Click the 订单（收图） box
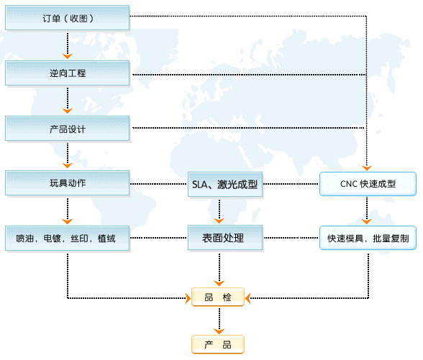(67, 18)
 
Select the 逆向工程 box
(67, 73)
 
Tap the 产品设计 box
(67, 129)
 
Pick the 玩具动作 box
(67, 183)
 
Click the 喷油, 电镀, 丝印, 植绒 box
(67, 239)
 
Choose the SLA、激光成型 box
(225, 184)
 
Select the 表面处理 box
(225, 238)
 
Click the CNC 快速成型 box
(368, 184)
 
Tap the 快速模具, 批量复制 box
(368, 238)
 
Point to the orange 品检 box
(218, 297)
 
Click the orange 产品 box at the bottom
(218, 344)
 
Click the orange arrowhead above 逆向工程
(67, 56)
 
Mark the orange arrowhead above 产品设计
(67, 111)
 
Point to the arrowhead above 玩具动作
(67, 165)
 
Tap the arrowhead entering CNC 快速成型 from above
(367, 168)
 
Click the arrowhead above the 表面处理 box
(219, 221)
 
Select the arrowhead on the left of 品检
(188, 298)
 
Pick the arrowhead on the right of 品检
(247, 298)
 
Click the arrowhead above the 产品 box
(219, 331)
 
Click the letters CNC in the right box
(348, 184)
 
